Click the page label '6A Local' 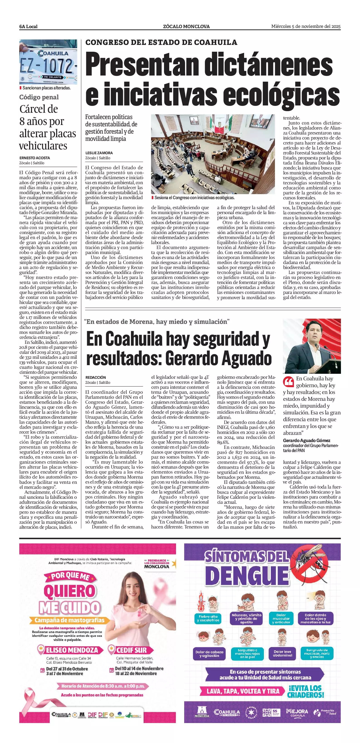coord(28,27)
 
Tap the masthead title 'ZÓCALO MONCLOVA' coord(186,27)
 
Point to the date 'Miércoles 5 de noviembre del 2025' coord(306,27)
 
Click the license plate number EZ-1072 coord(47,66)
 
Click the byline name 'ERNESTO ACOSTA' coord(35,158)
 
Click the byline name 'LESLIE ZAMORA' coord(99,153)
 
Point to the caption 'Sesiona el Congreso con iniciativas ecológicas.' coord(194,198)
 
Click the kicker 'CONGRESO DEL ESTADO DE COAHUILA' coord(161,42)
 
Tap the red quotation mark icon coord(289,382)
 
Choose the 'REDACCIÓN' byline coord(96,377)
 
